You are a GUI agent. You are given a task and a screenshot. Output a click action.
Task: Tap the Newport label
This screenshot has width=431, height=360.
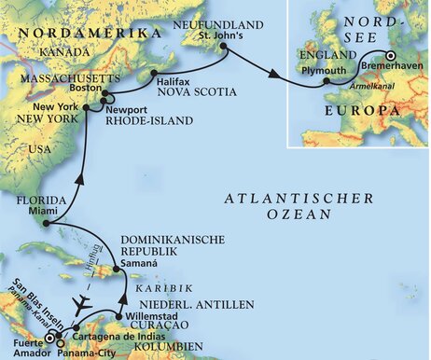click(x=128, y=107)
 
